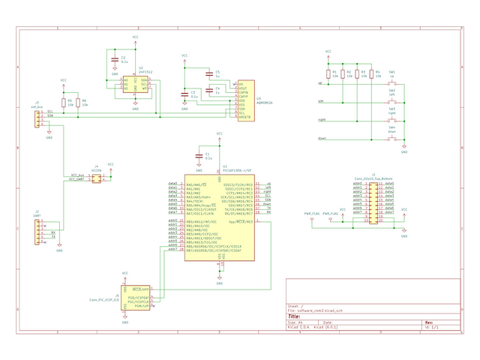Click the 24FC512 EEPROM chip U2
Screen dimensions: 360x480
[136, 85]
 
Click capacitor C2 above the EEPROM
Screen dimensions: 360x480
[115, 60]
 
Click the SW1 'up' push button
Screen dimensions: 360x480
[391, 82]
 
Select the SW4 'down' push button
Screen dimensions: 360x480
[391, 138]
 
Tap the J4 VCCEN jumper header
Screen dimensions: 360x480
[96, 178]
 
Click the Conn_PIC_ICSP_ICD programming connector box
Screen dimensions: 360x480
[136, 298]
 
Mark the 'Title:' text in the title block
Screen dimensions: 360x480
[295, 316]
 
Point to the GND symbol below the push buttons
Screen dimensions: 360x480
[404, 148]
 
